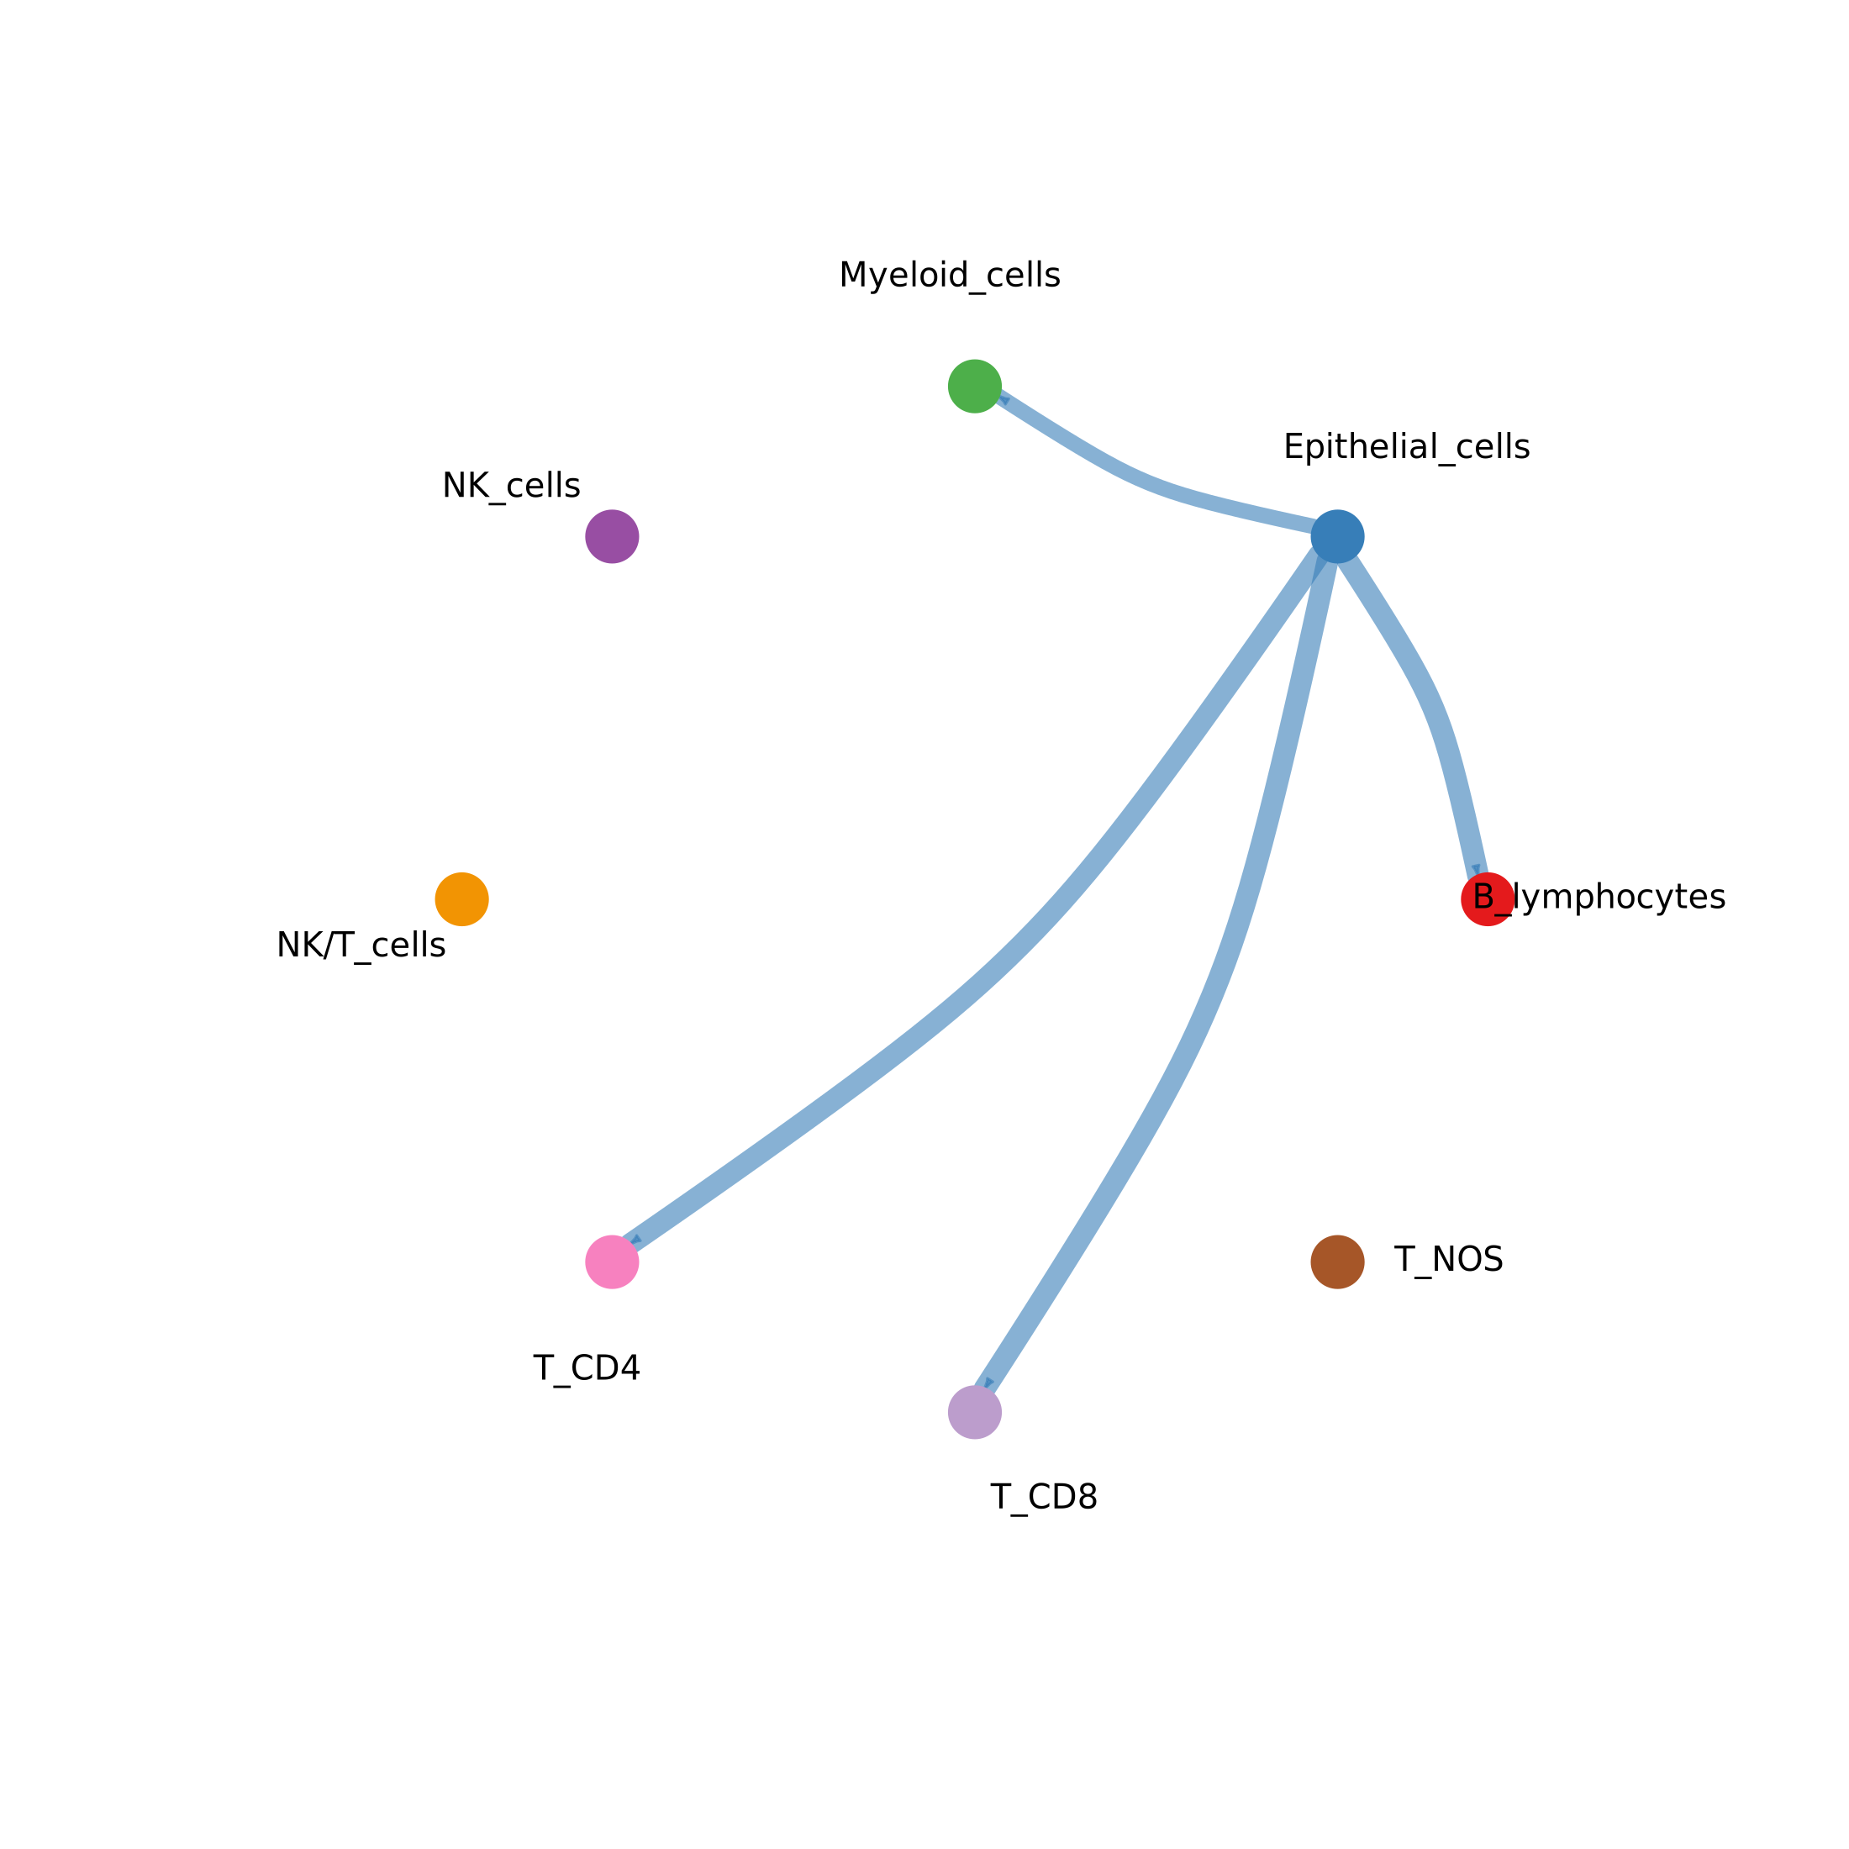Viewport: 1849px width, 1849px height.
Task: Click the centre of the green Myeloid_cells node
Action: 974,387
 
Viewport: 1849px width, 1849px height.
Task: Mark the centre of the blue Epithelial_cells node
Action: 1337,537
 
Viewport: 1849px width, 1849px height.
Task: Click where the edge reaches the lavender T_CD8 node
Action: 988,1388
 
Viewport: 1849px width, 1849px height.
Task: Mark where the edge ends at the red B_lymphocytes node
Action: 1479,874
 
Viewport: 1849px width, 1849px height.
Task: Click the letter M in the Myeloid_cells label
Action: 851,276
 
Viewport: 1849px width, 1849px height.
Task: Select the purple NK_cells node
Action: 612,537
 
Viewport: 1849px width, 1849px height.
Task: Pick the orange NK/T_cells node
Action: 462,899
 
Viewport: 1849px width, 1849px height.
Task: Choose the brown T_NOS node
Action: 1337,1262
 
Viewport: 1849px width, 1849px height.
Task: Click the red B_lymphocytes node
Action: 1488,899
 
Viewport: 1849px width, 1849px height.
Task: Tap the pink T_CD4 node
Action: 612,1262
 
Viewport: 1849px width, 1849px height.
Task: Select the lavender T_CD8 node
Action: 974,1413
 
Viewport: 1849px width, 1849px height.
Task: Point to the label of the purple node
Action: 511,486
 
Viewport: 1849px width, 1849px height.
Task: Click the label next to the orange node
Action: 361,946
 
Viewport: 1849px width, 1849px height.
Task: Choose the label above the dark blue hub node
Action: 1407,447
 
